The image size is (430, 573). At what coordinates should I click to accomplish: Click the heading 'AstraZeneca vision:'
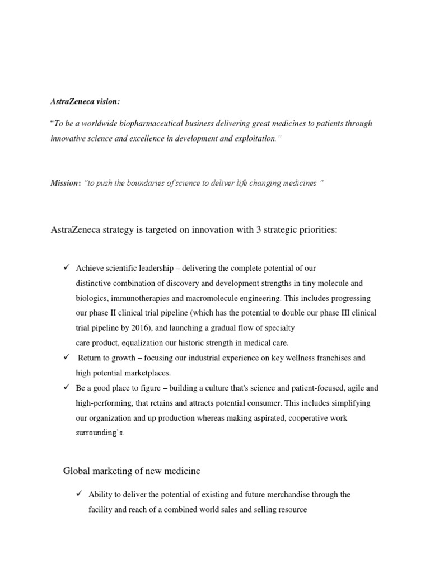click(85, 101)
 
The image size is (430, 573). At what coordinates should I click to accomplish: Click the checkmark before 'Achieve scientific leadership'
click(66, 267)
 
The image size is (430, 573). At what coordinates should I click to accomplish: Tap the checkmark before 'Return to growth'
click(66, 356)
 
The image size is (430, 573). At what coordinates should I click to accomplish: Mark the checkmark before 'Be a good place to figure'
click(66, 387)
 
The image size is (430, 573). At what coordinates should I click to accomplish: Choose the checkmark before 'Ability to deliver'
click(78, 494)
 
